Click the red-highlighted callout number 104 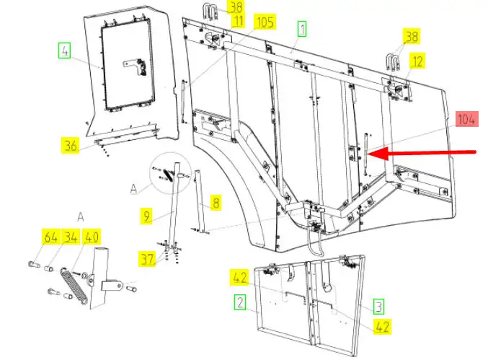pos(466,120)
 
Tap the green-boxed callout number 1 pos(302,29)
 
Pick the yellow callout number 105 pos(265,22)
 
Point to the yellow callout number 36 pos(69,146)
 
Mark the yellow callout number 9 pos(146,214)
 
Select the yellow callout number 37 pos(148,260)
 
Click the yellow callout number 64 pos(50,237)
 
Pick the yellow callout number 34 pos(71,237)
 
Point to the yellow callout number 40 pos(91,237)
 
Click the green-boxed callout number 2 pos(240,299)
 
